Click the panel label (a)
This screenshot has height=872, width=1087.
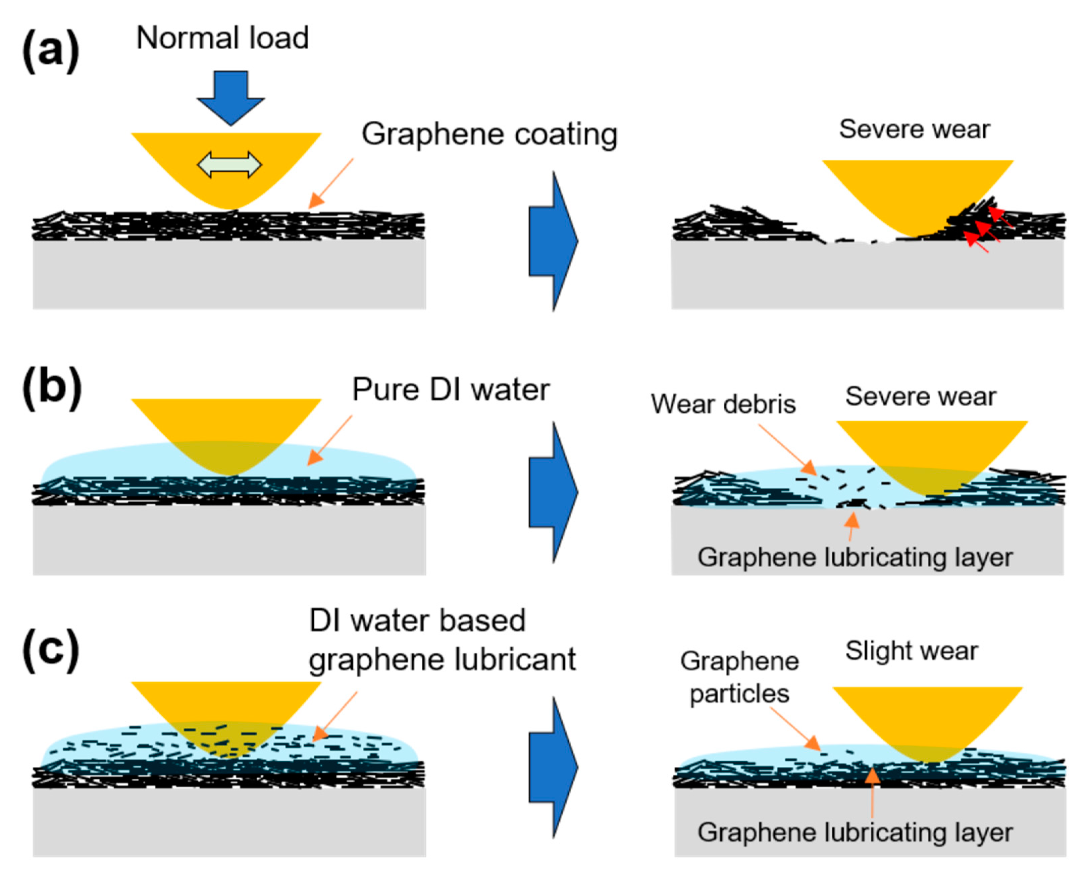pyautogui.click(x=50, y=50)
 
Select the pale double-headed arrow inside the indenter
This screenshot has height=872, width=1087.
pyautogui.click(x=229, y=165)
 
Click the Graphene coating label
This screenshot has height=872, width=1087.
pyautogui.click(x=489, y=134)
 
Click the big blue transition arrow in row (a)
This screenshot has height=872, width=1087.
pyautogui.click(x=553, y=241)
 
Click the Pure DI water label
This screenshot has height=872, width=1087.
pyautogui.click(x=450, y=390)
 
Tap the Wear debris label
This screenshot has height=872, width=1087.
pyautogui.click(x=723, y=404)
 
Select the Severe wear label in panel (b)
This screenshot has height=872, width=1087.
pyautogui.click(x=921, y=396)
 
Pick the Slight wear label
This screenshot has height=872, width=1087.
pyautogui.click(x=912, y=651)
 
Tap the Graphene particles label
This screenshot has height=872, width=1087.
pyautogui.click(x=739, y=677)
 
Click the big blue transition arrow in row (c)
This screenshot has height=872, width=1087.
pyautogui.click(x=553, y=768)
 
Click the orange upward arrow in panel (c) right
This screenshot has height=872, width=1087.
pyautogui.click(x=872, y=792)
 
